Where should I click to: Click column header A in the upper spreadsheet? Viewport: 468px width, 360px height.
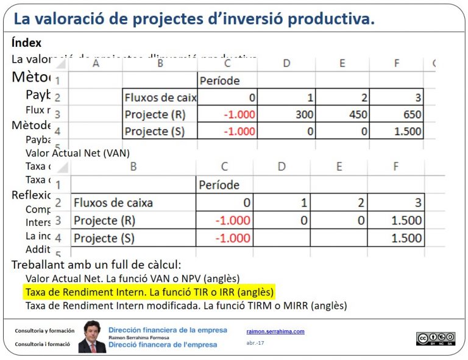[x=95, y=63]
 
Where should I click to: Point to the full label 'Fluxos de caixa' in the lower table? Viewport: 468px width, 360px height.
[x=113, y=203]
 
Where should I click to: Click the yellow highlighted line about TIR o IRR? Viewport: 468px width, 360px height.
[x=149, y=292]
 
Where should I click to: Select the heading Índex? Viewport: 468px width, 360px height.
[x=27, y=43]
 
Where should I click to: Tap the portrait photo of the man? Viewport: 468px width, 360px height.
[x=91, y=336]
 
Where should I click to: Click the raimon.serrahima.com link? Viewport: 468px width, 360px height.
[x=275, y=331]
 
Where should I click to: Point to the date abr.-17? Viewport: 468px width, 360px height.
[x=255, y=343]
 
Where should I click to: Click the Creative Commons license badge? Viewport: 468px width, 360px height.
[x=436, y=339]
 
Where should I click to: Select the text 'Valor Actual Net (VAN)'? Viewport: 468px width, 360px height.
[x=77, y=153]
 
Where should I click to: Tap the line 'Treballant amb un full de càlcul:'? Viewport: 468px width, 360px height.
[x=96, y=265]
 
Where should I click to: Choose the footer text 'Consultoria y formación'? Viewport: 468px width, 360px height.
[x=44, y=330]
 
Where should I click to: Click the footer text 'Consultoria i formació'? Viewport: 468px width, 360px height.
[x=43, y=344]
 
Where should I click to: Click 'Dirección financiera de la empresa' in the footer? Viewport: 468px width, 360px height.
[x=168, y=330]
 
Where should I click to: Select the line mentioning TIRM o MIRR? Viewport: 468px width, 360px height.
[x=186, y=305]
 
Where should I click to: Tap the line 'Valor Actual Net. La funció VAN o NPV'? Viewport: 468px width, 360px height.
[x=132, y=278]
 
